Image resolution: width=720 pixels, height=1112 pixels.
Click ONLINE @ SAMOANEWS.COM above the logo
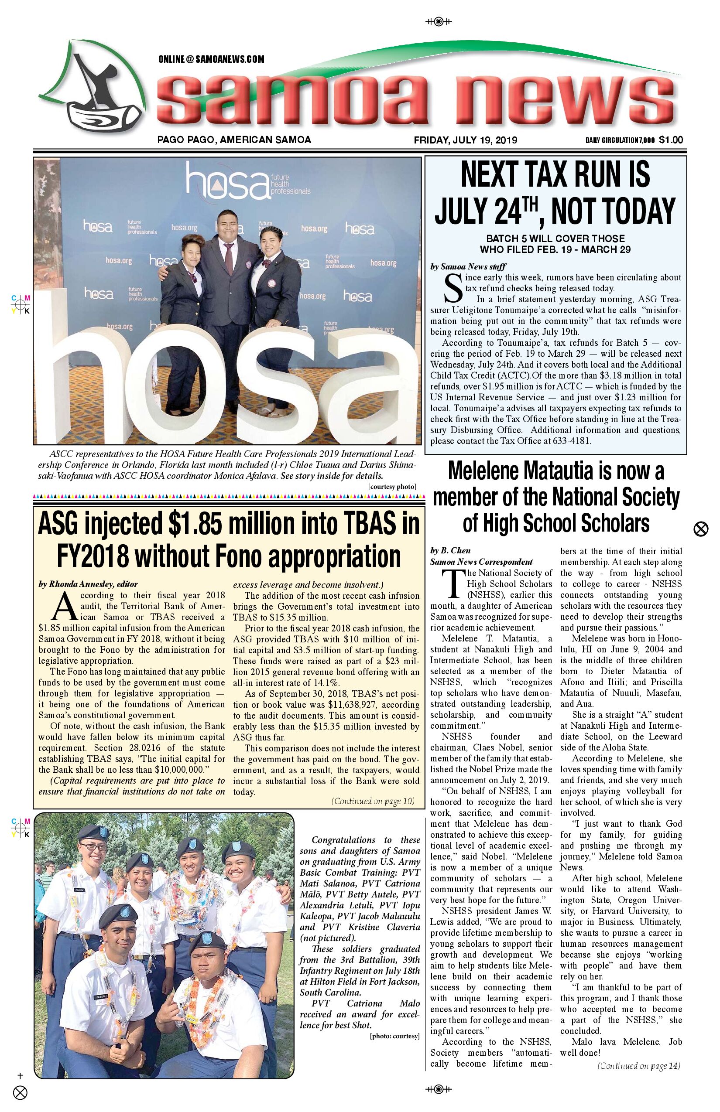211,59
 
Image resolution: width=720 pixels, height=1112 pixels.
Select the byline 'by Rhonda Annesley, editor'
88,584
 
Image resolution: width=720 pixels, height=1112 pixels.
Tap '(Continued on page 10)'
373,802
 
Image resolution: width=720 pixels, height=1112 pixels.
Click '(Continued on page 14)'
639,1066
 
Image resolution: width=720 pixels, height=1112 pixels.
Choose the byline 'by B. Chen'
450,550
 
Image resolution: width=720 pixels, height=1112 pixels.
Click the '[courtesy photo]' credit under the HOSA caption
392,486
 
